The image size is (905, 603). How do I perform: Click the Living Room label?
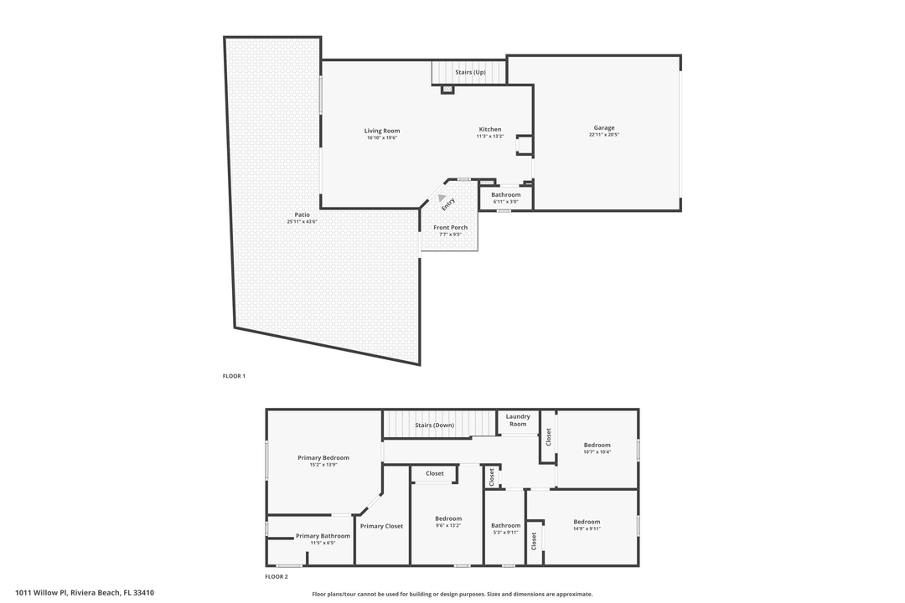point(381,131)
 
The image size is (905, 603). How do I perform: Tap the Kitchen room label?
point(490,129)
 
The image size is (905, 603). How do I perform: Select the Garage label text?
point(603,128)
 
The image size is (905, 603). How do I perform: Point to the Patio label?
point(303,214)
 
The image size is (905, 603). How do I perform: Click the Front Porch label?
point(450,228)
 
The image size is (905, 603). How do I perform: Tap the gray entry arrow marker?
point(442,198)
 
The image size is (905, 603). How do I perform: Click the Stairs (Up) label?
point(470,73)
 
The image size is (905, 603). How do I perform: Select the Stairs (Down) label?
point(434,425)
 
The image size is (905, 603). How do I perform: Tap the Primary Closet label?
point(381,526)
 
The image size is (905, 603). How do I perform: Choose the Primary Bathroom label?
point(323,536)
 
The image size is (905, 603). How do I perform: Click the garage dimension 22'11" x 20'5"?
point(603,135)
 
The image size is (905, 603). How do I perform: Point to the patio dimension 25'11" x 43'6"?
point(303,222)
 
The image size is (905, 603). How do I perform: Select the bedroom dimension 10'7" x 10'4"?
point(597,452)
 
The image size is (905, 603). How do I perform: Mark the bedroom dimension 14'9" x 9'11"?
point(587,528)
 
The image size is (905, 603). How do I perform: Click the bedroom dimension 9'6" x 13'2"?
point(448,526)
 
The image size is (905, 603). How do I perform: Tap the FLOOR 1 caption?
point(234,377)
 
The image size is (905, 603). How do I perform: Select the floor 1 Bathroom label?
point(505,195)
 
